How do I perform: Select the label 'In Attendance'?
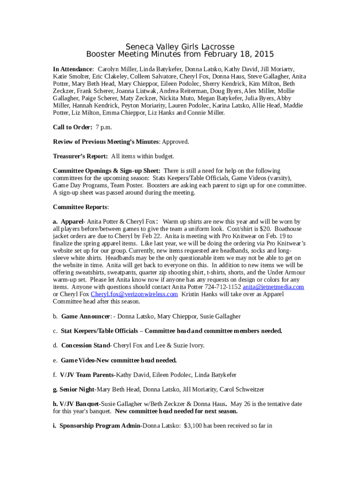click(x=73, y=69)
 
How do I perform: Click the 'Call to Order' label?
click(x=72, y=127)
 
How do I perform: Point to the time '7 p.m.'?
click(x=104, y=127)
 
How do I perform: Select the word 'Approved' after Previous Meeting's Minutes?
click(x=175, y=142)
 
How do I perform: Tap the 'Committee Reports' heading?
click(x=80, y=207)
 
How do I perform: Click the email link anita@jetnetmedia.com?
click(x=274, y=287)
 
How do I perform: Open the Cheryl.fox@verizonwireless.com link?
click(x=134, y=294)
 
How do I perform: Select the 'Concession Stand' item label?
click(x=85, y=345)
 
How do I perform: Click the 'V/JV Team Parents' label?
click(x=86, y=375)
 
